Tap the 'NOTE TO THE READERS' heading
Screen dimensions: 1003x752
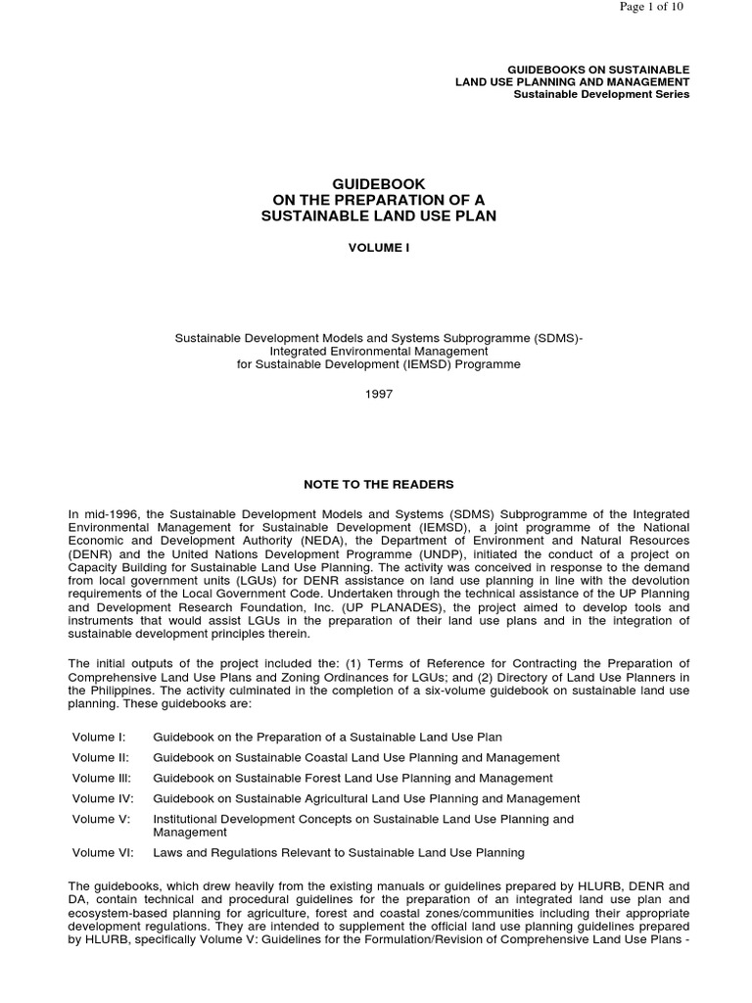(379, 484)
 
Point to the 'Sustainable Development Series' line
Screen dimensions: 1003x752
(601, 94)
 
